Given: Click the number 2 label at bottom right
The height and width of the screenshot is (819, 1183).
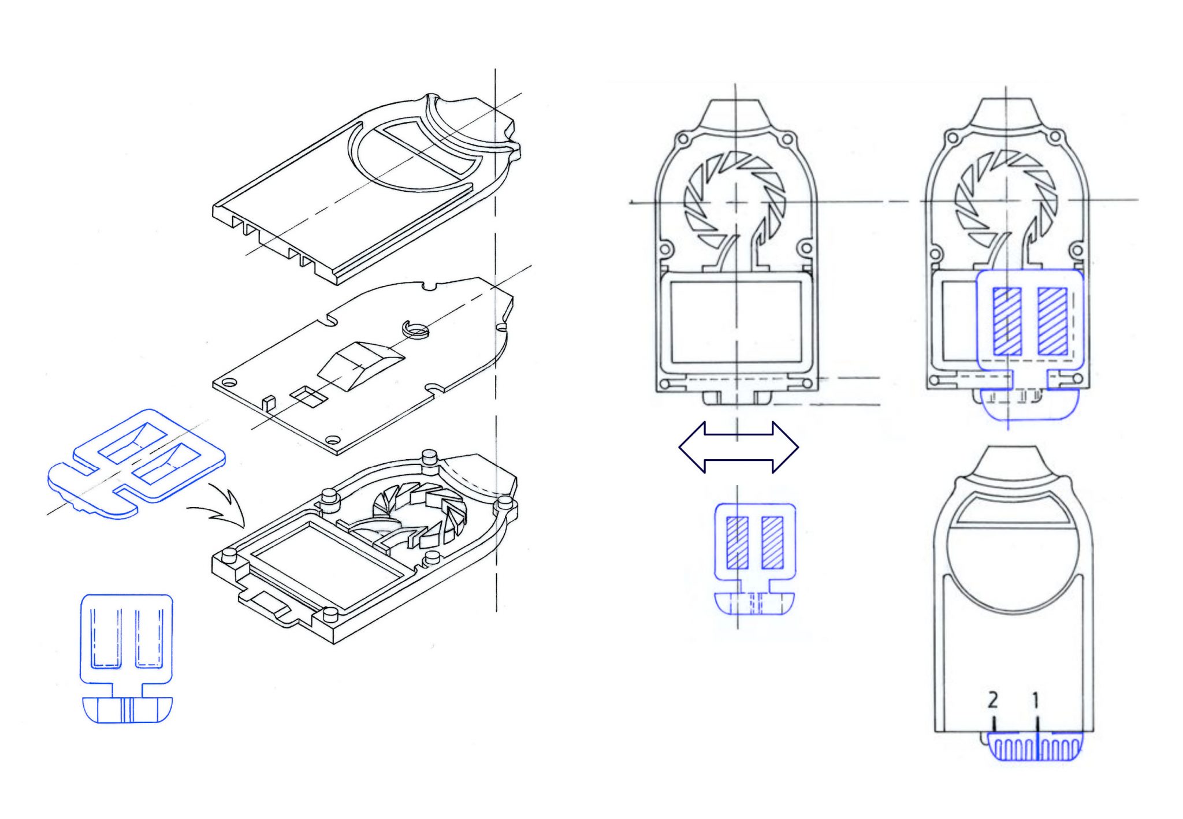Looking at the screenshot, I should [x=992, y=700].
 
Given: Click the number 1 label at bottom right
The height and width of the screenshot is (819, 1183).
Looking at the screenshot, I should [x=1036, y=701].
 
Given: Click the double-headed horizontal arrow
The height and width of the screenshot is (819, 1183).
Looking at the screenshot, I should [x=738, y=448].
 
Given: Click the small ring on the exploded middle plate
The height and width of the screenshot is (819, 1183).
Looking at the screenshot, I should [x=416, y=329].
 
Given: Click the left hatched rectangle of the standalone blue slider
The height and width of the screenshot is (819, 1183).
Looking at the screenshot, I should [x=737, y=542].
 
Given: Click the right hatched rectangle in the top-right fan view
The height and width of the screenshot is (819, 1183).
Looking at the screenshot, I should [x=1052, y=321].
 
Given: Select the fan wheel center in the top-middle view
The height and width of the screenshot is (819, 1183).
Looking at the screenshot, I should [x=735, y=202].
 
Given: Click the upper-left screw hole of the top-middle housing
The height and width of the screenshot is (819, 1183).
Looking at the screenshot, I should [x=682, y=139].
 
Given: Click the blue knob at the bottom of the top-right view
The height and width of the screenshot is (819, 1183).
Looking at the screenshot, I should [x=1031, y=404].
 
